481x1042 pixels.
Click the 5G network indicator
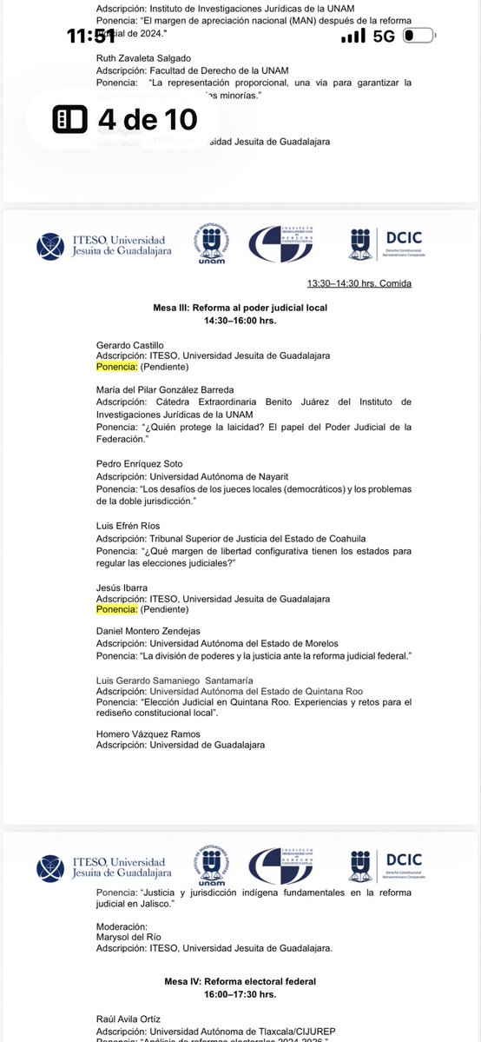tap(384, 37)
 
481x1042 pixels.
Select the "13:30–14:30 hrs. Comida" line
tap(359, 283)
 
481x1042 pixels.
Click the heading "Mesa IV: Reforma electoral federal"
tap(240, 980)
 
